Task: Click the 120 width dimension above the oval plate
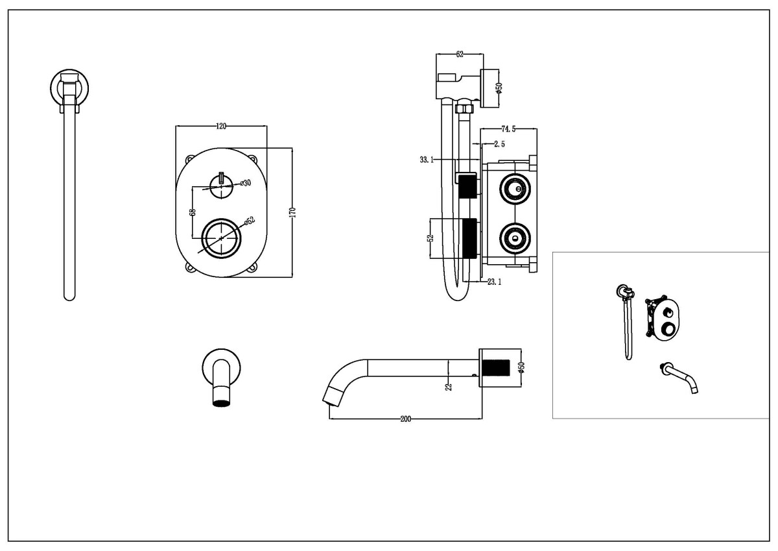[x=221, y=127]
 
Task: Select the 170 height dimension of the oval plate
[x=292, y=212]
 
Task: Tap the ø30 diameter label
[x=245, y=184]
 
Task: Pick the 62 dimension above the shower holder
[x=459, y=55]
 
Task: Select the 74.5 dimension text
[x=509, y=129]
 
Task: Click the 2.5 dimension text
[x=500, y=143]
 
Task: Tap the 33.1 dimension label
[x=426, y=159]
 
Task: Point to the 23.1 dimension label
[x=495, y=282]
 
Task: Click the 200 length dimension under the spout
[x=405, y=419]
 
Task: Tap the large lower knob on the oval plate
[x=222, y=238]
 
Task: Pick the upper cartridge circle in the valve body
[x=514, y=190]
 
